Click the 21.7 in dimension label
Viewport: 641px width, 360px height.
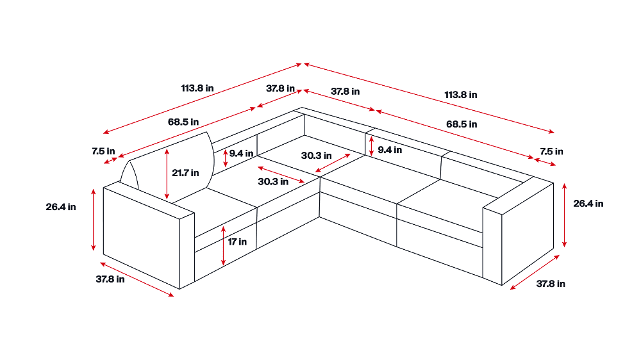[185, 173]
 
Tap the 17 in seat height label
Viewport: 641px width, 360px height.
[237, 242]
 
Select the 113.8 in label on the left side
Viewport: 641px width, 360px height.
[197, 88]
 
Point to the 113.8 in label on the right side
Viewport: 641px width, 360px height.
[461, 95]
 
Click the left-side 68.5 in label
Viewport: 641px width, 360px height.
[183, 122]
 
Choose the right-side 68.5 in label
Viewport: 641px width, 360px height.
[462, 124]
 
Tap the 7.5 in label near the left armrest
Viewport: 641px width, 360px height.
[103, 151]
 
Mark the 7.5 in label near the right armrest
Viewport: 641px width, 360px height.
[551, 152]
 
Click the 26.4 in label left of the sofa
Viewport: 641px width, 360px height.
[61, 207]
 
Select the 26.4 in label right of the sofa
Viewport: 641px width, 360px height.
[588, 204]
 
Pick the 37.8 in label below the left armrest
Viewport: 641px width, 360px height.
[110, 279]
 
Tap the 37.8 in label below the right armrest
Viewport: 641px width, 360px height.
[551, 284]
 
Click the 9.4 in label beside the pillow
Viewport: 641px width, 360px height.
[241, 153]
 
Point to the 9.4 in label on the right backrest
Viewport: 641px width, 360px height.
[390, 150]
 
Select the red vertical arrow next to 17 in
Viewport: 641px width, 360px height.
[223, 245]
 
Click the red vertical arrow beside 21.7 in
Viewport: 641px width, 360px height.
[167, 174]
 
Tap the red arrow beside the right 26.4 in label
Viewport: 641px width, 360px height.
[565, 215]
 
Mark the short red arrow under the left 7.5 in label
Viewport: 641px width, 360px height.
[111, 160]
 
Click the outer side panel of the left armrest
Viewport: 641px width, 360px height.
[142, 238]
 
